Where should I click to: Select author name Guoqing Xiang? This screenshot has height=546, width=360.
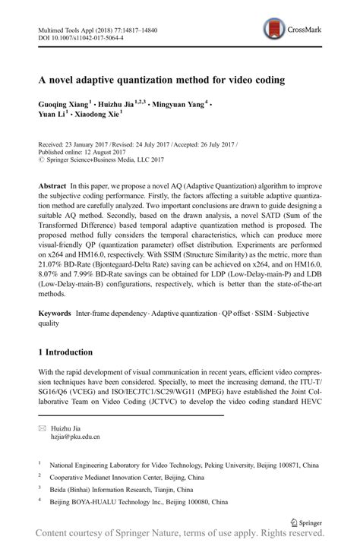(65, 102)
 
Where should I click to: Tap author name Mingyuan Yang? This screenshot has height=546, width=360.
(181, 102)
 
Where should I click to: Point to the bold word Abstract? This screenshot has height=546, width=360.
(52, 186)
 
